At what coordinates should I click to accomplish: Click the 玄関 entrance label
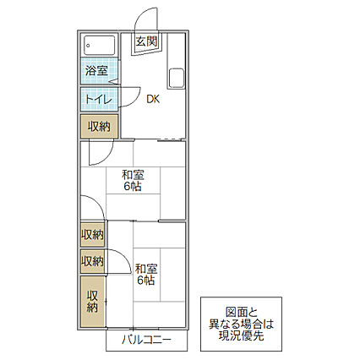pos(145,41)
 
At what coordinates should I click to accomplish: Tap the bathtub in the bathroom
pos(100,46)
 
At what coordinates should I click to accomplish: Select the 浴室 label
pos(95,71)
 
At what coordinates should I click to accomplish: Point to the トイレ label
pos(95,99)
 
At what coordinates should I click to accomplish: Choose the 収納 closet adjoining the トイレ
pos(97,126)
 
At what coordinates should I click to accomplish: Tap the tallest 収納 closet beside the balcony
pos(92,301)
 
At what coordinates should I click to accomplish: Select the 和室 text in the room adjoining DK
pos(132,176)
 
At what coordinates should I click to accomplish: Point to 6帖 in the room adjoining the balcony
pos(145,281)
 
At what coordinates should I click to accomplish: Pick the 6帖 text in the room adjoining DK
pos(132,188)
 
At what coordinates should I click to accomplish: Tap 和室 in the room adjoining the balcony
pos(145,269)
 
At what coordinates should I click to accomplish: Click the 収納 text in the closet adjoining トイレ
pos(97,126)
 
